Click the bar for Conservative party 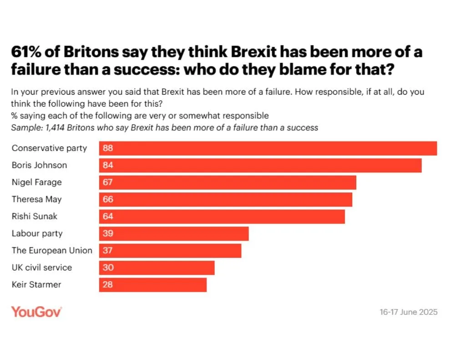point(268,148)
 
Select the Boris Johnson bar point(260,165)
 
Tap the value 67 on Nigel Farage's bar point(108,182)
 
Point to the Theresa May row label point(36,199)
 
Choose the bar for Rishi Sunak point(222,217)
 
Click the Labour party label point(37,233)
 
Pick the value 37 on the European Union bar point(108,251)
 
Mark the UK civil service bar point(157,268)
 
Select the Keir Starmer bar point(153,285)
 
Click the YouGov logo point(36,312)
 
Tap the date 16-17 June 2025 point(409,312)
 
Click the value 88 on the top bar point(108,148)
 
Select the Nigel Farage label point(36,182)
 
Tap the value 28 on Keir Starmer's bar point(108,285)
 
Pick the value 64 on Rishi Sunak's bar point(108,217)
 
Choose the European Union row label point(52,251)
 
